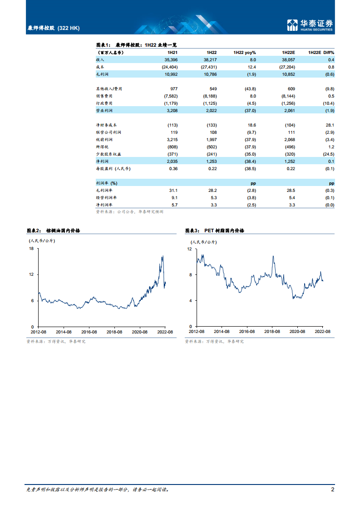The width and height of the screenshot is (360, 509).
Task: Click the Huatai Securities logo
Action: click(311, 25)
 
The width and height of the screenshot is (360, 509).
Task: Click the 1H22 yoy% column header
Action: click(245, 53)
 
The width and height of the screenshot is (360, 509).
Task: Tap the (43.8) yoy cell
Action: click(250, 88)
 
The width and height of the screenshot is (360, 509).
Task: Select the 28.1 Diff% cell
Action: click(330, 125)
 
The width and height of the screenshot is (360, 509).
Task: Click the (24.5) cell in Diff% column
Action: click(327, 154)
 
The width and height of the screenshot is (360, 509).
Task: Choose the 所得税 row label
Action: click(102, 147)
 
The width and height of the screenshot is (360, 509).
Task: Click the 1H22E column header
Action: click(288, 53)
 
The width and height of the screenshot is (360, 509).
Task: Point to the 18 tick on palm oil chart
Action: click(32, 249)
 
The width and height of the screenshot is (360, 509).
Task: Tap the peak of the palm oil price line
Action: click(163, 257)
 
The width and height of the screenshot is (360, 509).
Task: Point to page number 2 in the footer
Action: click(333, 489)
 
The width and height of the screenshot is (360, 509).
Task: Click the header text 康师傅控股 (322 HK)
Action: click(54, 28)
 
